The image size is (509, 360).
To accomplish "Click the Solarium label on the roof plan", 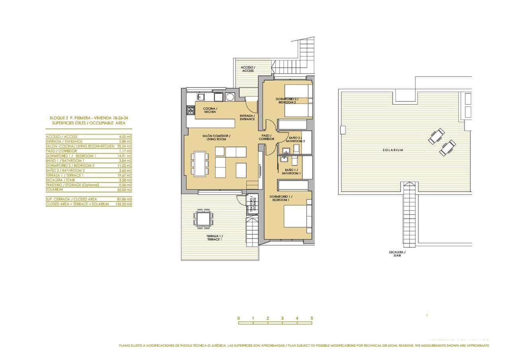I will point(393,150).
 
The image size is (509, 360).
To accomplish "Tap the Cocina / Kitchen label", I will point(210,110).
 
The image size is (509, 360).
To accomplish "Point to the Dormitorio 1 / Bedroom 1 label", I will point(281,198).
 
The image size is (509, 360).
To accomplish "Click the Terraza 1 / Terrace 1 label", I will point(214,238).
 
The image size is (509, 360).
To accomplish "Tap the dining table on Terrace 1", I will point(203,219).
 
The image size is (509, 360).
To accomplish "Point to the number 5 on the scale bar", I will point(312,318).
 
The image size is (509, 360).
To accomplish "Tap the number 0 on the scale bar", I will point(238,318).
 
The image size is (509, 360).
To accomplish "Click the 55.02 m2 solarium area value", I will point(125,189).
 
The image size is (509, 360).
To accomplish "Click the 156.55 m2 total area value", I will point(124,204).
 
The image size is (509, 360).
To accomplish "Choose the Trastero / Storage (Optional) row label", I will point(72,185).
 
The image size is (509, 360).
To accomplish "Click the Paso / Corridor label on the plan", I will point(266,137).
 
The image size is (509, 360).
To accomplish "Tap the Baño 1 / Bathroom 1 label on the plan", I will point(291,172).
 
